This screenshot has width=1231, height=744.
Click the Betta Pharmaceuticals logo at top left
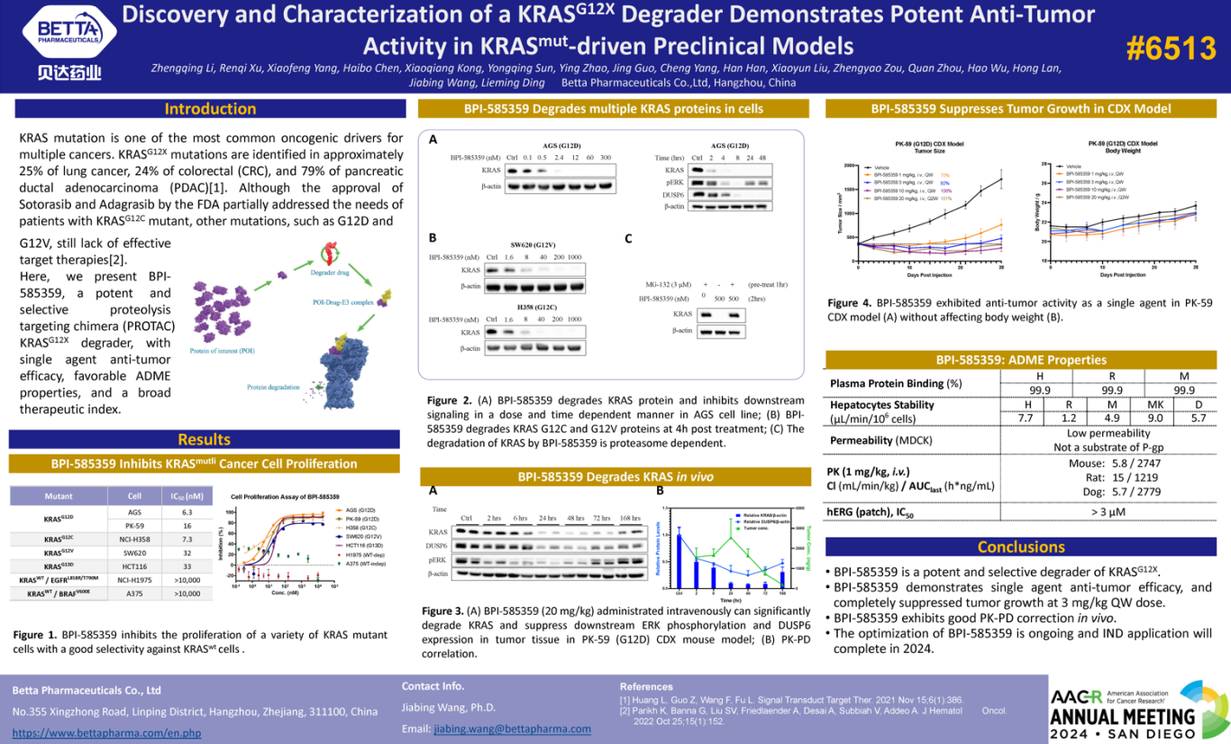coord(69,44)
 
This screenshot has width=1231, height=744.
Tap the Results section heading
coord(204,439)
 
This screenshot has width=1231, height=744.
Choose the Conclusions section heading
coord(1021,547)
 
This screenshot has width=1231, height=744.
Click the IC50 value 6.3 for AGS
coord(187,512)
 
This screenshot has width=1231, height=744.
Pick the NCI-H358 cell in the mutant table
coord(134,538)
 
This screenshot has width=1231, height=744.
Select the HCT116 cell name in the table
coord(134,566)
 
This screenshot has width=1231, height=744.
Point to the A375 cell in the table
coord(134,593)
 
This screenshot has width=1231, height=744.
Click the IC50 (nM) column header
coord(187,496)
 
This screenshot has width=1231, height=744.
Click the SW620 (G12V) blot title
coord(533,244)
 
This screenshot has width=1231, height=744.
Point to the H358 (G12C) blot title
coord(533,308)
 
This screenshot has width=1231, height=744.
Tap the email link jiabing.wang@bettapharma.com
coord(513,729)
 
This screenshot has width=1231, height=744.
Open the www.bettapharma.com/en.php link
coord(106,733)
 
